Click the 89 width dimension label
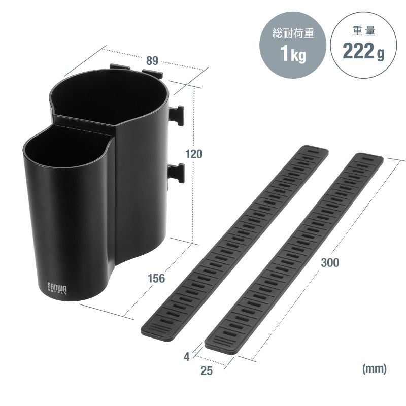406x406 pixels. click(152, 60)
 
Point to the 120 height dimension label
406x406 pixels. click(194, 154)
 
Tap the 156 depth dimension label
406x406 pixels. click(156, 278)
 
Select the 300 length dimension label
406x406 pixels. click(330, 262)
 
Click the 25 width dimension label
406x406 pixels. click(207, 370)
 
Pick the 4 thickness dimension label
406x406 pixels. click(186, 357)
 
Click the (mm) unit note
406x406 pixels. click(375, 368)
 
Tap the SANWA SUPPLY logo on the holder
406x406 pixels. click(57, 289)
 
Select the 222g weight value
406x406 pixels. click(363, 51)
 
